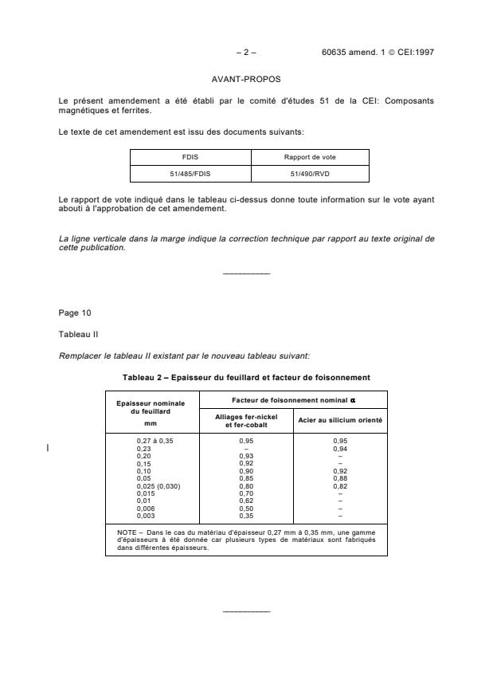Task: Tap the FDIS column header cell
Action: tap(190, 157)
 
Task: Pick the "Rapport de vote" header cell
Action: tap(311, 157)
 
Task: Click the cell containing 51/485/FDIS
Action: tap(190, 172)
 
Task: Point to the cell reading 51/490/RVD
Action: tap(311, 172)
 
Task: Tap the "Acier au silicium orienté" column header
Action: tap(340, 419)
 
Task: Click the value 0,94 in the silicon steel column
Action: tap(340, 449)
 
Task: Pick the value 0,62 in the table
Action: tap(246, 500)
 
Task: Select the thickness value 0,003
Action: tap(145, 514)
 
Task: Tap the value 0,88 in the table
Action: tap(340, 478)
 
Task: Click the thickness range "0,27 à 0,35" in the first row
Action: tap(155, 442)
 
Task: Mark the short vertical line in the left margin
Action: tap(49, 449)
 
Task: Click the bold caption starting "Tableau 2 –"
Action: tap(246, 376)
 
